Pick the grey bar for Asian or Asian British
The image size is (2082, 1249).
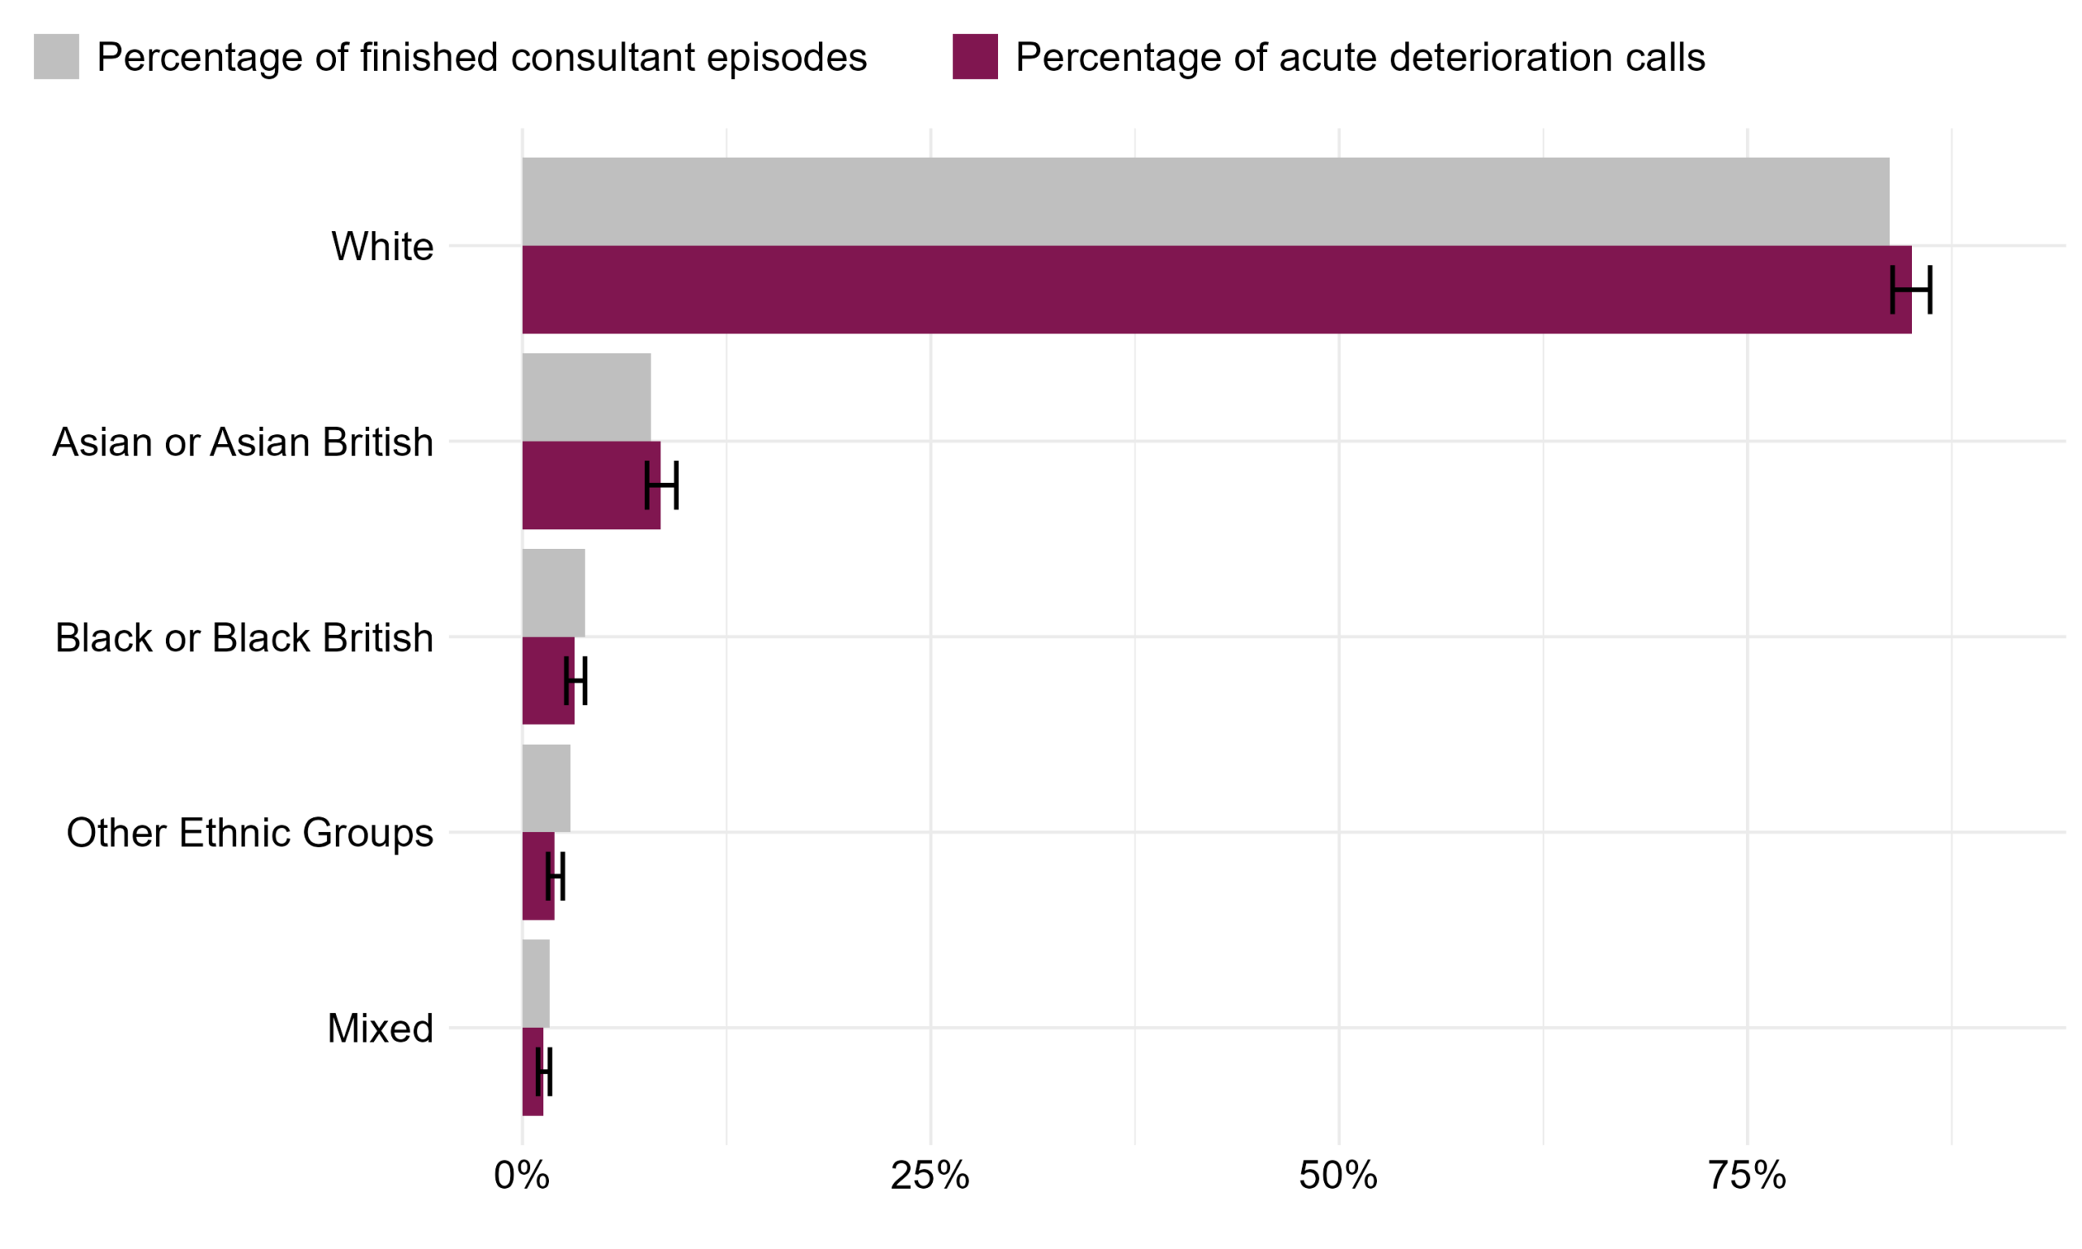point(586,398)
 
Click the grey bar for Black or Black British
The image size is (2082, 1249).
point(553,593)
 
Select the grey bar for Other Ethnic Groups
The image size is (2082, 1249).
point(546,788)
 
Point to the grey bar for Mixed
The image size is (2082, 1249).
point(535,983)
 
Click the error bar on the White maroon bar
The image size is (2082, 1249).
point(1910,289)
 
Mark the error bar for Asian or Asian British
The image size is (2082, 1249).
point(661,485)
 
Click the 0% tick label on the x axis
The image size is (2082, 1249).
point(522,1176)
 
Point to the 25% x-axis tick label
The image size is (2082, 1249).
point(930,1176)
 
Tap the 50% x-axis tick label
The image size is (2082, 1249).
point(1338,1176)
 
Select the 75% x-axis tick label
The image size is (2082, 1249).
point(1747,1176)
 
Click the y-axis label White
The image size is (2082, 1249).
point(382,246)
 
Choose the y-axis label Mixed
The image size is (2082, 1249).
point(380,1029)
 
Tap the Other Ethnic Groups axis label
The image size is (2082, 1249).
point(250,833)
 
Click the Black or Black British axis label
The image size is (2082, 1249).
point(244,638)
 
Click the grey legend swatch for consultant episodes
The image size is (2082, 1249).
point(56,56)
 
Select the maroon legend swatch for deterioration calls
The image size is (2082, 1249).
point(974,56)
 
